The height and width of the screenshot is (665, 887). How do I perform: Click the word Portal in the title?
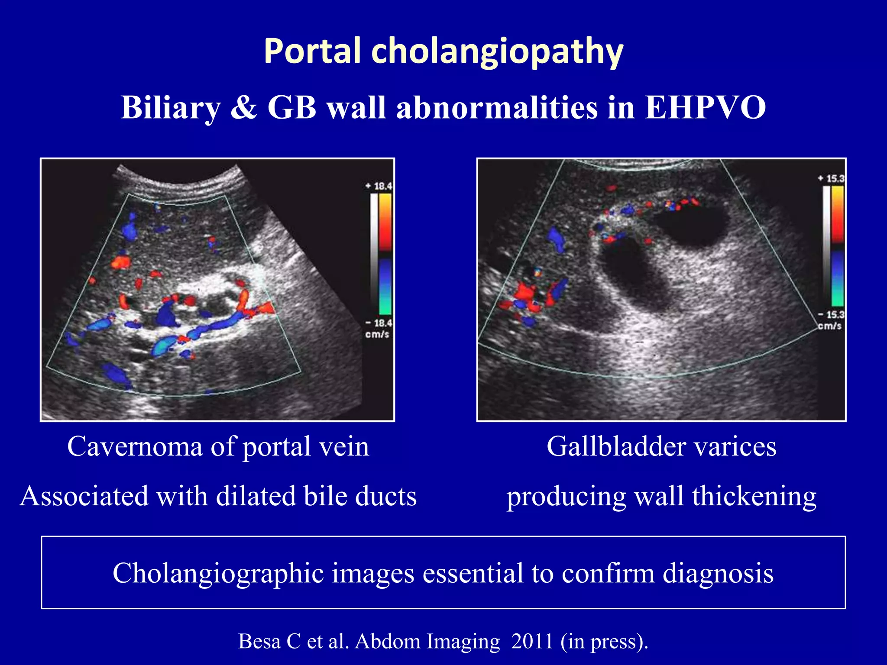[x=312, y=51]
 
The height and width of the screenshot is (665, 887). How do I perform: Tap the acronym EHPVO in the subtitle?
[x=706, y=107]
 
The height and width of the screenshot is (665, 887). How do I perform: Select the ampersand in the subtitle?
[x=244, y=107]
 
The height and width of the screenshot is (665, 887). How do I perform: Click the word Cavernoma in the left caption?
[x=135, y=446]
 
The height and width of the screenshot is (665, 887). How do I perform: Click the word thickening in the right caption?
[x=754, y=496]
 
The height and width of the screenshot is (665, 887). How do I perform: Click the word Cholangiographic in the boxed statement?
[x=218, y=573]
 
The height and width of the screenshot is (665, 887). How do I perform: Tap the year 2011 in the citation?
[x=532, y=641]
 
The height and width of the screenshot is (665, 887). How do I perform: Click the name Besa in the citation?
[x=259, y=641]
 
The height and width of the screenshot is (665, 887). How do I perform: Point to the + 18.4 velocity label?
[x=379, y=186]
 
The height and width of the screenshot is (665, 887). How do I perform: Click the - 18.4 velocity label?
[x=379, y=323]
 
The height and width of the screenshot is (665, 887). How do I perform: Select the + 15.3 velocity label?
[x=831, y=178]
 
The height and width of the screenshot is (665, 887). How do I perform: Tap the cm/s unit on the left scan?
[x=377, y=334]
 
